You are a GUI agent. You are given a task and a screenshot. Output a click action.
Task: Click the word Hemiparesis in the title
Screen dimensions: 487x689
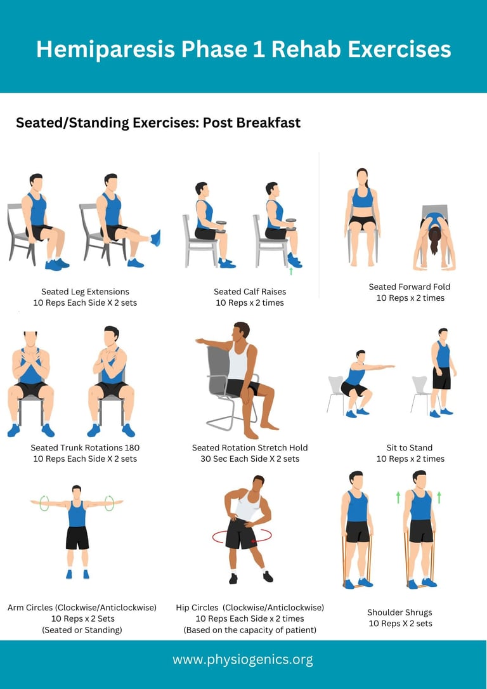click(x=106, y=49)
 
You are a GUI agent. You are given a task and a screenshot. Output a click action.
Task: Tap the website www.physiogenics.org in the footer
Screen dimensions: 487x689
click(x=243, y=660)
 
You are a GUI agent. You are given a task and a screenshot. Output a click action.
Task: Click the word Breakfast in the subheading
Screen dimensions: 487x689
click(x=268, y=122)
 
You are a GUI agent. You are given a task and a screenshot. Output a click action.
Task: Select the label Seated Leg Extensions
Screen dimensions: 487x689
click(x=85, y=292)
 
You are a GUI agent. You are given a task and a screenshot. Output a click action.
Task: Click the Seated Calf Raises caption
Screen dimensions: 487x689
click(x=250, y=292)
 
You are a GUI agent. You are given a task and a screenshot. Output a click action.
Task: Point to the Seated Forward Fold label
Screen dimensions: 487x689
click(x=410, y=287)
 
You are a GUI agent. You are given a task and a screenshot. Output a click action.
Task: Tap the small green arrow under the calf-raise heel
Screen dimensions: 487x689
click(x=290, y=271)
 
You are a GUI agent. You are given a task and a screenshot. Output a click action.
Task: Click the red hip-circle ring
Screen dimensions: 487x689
click(x=242, y=536)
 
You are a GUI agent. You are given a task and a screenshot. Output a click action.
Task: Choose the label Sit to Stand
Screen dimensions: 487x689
click(x=409, y=448)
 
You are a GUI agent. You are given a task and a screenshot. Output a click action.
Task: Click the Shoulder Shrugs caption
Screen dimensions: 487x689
click(x=399, y=612)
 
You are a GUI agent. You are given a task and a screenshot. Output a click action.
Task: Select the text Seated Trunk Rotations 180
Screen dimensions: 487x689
click(x=85, y=448)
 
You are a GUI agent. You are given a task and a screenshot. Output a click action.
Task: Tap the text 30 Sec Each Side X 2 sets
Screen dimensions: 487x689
click(x=250, y=459)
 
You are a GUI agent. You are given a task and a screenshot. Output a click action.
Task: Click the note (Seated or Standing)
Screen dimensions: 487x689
click(x=82, y=630)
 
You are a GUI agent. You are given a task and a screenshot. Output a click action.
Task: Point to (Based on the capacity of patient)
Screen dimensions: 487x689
click(x=250, y=630)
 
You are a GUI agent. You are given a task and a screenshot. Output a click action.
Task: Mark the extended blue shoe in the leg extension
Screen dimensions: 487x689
click(x=155, y=238)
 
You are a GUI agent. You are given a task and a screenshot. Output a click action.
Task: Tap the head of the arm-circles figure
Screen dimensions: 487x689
click(x=76, y=491)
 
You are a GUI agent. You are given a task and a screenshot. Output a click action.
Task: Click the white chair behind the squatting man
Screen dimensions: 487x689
click(x=336, y=394)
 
